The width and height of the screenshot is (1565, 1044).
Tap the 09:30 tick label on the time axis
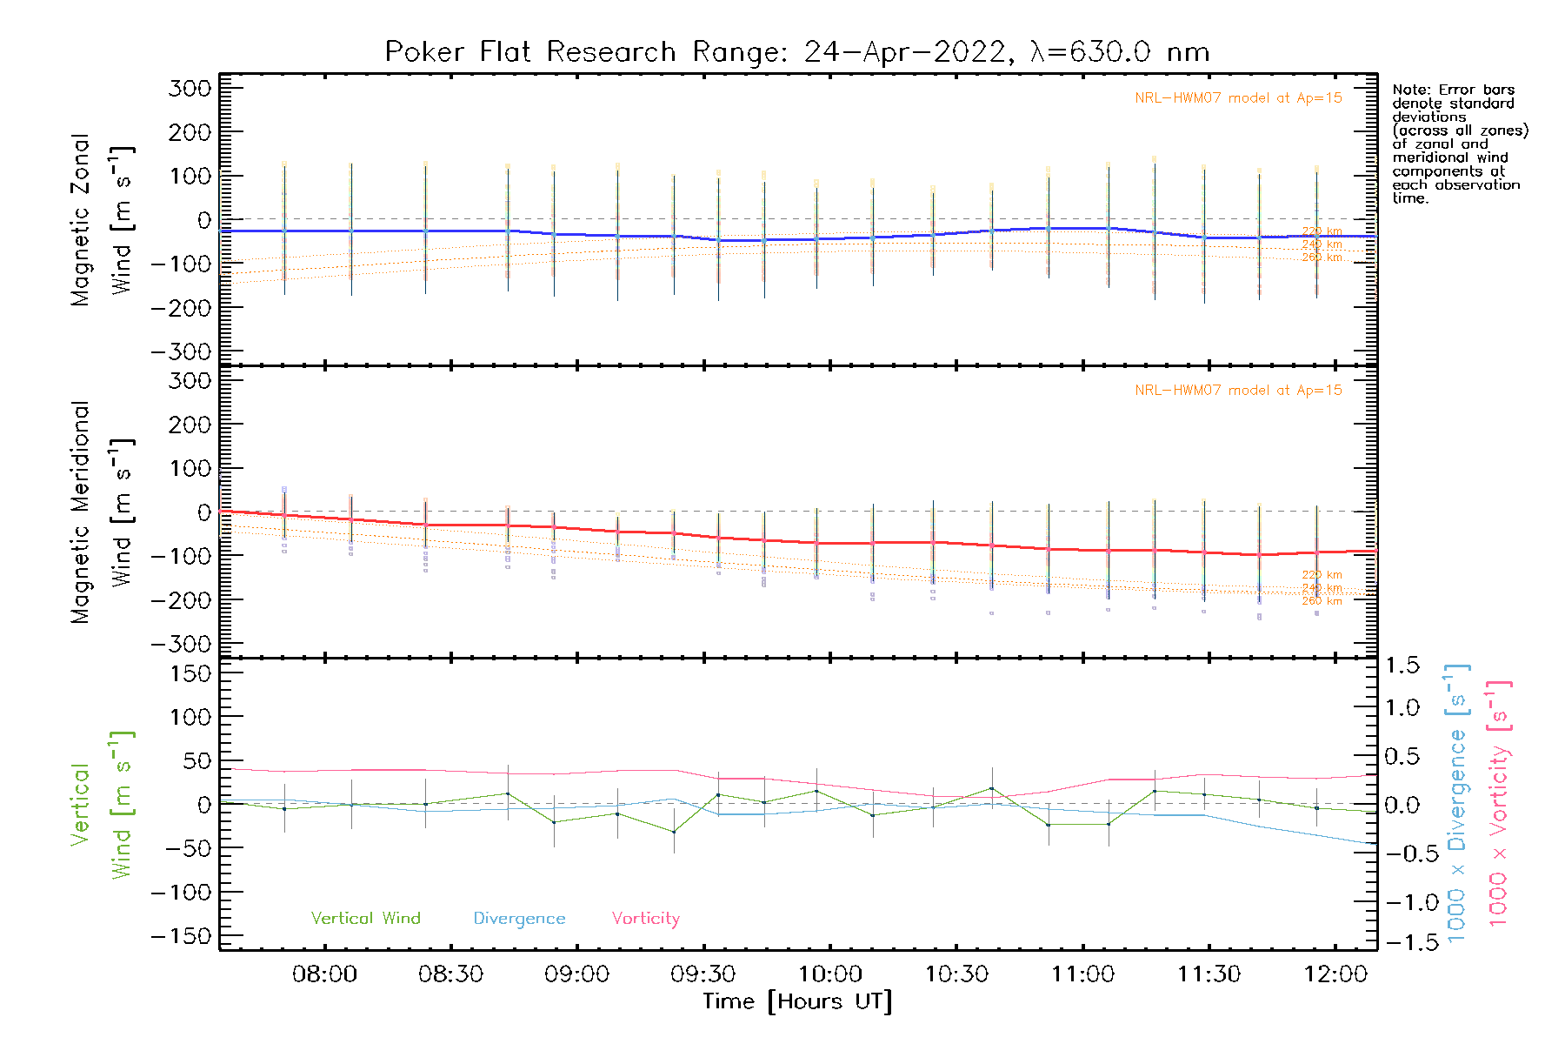click(703, 974)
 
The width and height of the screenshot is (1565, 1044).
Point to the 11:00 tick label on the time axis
click(1082, 974)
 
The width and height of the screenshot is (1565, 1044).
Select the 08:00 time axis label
click(324, 974)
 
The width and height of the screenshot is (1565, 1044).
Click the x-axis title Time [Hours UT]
click(797, 1001)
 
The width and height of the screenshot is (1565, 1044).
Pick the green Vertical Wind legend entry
click(365, 918)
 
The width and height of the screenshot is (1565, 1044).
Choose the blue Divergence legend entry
click(519, 918)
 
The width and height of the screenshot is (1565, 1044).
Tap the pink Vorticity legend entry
click(645, 918)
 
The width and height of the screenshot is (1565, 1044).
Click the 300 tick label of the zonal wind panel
click(190, 88)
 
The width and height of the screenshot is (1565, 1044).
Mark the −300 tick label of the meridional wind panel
click(182, 644)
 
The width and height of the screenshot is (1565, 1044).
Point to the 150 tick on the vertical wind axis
click(190, 673)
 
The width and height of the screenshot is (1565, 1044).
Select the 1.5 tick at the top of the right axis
click(1402, 666)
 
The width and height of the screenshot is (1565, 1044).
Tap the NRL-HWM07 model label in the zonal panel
click(1238, 98)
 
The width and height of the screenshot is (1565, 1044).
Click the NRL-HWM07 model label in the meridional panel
click(1238, 391)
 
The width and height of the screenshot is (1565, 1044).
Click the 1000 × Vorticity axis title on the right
click(1498, 802)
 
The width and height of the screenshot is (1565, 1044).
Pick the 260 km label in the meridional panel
click(1322, 601)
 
